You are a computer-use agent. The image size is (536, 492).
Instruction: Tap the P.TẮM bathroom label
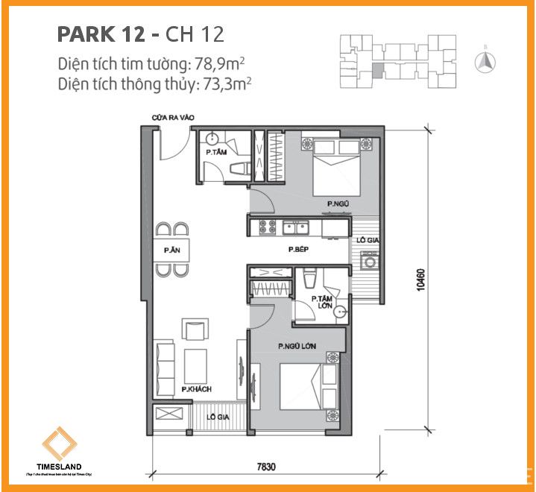click(x=216, y=153)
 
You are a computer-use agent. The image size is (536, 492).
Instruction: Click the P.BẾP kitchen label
click(x=300, y=252)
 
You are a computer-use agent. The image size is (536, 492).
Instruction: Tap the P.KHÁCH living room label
click(x=196, y=389)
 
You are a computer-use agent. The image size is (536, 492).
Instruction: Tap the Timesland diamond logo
click(x=58, y=445)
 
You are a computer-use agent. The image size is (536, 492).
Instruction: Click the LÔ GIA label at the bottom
click(x=219, y=417)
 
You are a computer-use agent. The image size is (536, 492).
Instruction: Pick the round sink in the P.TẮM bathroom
click(x=212, y=139)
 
